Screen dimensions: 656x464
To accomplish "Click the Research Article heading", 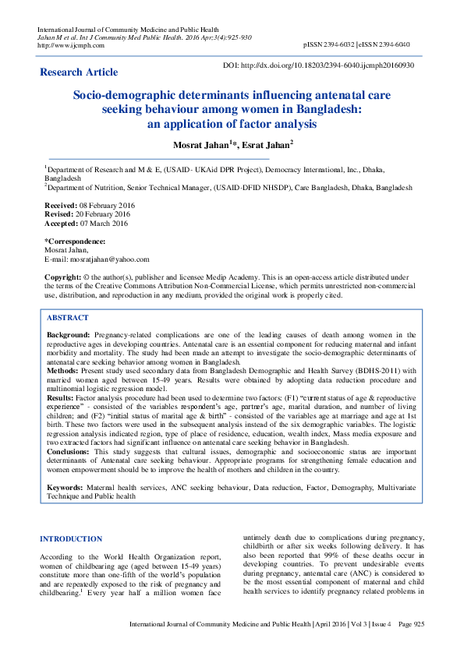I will tap(79, 72).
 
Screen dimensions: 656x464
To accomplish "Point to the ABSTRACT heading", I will tap(68, 318).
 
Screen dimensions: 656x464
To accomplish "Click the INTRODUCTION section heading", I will tap(71, 538).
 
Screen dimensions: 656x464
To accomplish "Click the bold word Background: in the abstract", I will tap(68, 334).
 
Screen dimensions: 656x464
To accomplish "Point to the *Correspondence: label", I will tap(75, 242).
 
